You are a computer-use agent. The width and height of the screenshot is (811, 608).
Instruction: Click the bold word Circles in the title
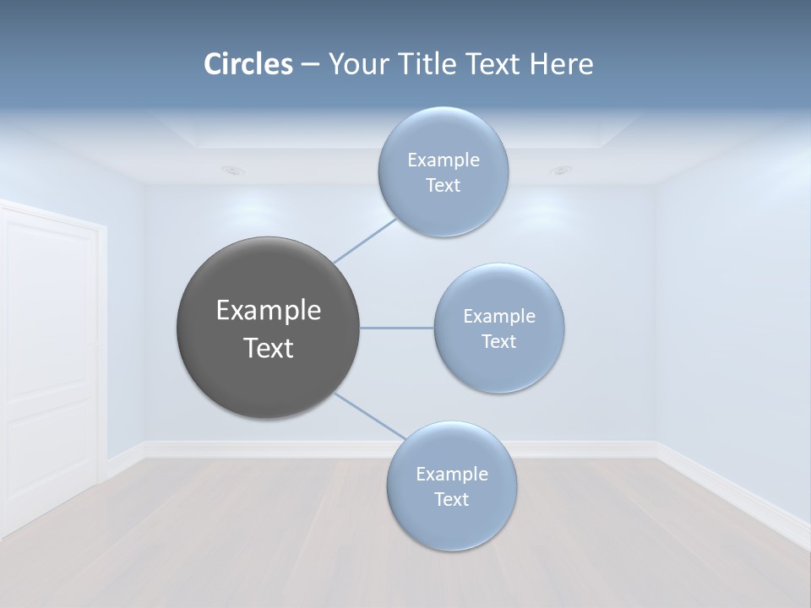pyautogui.click(x=248, y=64)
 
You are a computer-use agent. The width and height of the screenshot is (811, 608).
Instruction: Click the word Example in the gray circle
pyautogui.click(x=269, y=311)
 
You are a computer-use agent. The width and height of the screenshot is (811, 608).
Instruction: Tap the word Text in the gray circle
pyautogui.click(x=269, y=348)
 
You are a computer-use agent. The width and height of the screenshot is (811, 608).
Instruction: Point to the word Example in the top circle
pyautogui.click(x=443, y=160)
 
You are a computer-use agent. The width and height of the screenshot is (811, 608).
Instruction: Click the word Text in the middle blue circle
pyautogui.click(x=498, y=342)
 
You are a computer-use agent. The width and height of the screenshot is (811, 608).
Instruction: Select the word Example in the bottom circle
pyautogui.click(x=451, y=475)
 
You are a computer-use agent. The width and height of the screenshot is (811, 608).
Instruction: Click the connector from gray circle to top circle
pyautogui.click(x=364, y=241)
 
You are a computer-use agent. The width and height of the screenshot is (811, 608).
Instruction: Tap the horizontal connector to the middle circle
pyautogui.click(x=396, y=328)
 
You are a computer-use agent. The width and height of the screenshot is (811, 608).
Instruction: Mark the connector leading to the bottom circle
pyautogui.click(x=368, y=415)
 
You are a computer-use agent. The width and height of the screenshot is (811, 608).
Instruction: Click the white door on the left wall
pyautogui.click(x=51, y=363)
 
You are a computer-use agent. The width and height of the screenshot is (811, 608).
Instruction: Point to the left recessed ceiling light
pyautogui.click(x=233, y=170)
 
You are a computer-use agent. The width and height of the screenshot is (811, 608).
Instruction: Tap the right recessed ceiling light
pyautogui.click(x=560, y=170)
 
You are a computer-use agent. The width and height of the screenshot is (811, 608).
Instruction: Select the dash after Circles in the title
pyautogui.click(x=309, y=64)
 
